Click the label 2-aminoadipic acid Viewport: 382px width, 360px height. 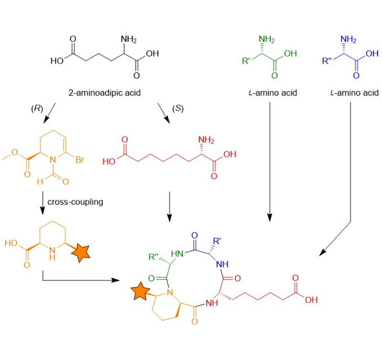tap(105, 93)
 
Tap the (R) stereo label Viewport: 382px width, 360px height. tap(37, 109)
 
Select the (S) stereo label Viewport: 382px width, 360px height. tap(178, 109)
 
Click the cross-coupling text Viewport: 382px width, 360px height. tap(75, 202)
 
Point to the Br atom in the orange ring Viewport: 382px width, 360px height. tap(80, 160)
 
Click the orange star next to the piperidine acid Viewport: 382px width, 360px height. tap(81, 253)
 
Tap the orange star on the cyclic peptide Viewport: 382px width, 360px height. tap(140, 291)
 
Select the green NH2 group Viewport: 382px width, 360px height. tap(266, 39)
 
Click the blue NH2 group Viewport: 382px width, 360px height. tap(348, 39)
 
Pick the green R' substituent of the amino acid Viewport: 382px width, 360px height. tap(246, 60)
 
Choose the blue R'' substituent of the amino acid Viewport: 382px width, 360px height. tap(327, 60)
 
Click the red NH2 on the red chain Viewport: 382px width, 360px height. tap(206, 140)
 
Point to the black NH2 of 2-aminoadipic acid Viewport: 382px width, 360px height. tap(129, 39)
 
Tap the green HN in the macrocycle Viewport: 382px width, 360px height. tap(177, 254)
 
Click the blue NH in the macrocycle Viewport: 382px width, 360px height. tap(222, 264)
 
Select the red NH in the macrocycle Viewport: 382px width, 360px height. tap(212, 303)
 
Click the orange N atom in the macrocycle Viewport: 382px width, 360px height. tap(170, 293)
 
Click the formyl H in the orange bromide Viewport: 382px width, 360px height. tap(40, 182)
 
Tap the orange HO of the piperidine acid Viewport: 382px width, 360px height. tap(11, 243)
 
